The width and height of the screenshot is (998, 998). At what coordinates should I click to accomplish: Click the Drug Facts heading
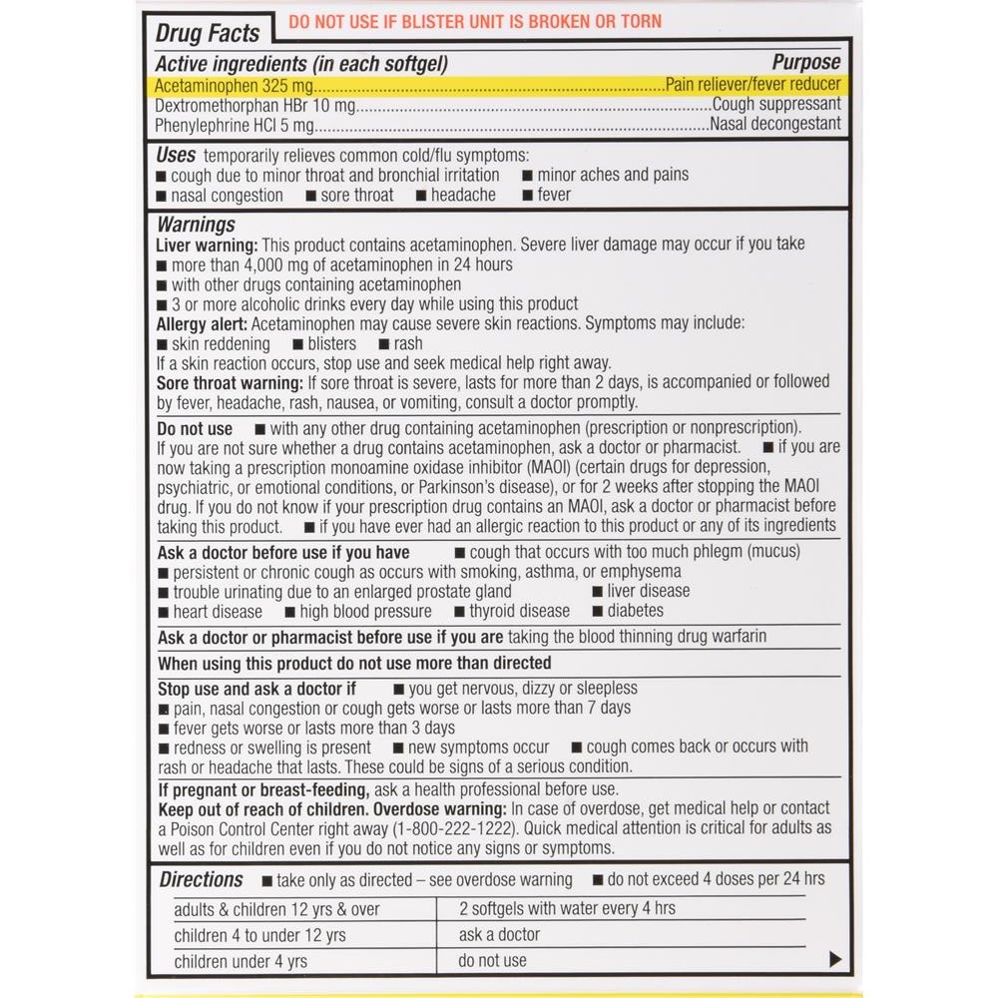tap(208, 33)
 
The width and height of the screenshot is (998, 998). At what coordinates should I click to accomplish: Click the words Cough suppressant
tap(776, 105)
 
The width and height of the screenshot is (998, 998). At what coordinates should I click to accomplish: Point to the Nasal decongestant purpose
tap(775, 125)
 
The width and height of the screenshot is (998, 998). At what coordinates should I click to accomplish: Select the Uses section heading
tap(176, 155)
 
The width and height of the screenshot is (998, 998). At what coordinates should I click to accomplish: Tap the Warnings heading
tap(196, 225)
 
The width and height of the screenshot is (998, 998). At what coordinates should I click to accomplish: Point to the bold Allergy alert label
tap(203, 324)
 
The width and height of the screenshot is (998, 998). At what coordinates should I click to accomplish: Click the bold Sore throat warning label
tap(230, 382)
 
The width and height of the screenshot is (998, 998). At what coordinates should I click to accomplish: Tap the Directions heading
tap(201, 879)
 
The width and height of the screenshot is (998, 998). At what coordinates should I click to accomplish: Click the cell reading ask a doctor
tap(499, 935)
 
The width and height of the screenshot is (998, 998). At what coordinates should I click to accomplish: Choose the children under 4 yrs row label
tap(241, 962)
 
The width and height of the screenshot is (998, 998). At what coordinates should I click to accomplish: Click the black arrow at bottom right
tap(835, 960)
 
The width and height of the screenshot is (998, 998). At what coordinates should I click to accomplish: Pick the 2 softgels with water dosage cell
tap(567, 908)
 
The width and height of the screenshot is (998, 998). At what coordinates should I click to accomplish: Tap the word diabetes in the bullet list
tap(635, 611)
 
